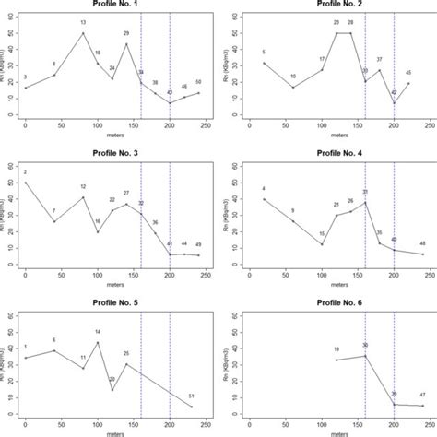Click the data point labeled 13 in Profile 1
tap(83, 33)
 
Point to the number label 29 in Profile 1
tap(126, 32)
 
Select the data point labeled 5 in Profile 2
tap(265, 63)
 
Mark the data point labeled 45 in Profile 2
tap(408, 83)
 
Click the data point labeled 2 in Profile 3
tap(26, 183)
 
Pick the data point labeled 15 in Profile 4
tap(322, 244)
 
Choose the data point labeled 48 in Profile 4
tap(423, 254)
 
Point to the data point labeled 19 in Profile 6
tap(337, 360)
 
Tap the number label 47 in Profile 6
tap(422, 394)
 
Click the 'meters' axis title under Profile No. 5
tap(112, 431)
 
